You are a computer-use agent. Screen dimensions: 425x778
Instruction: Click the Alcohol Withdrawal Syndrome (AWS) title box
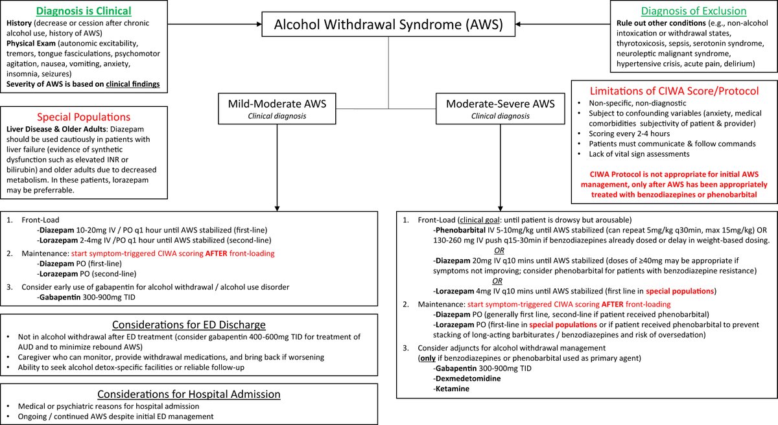388,25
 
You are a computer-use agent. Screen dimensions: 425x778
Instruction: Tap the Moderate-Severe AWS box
500,108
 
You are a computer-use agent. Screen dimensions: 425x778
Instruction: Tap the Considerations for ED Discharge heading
189,325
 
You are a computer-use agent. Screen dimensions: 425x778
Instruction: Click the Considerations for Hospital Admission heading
189,394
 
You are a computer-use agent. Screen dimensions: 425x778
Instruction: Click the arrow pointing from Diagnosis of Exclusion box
525,25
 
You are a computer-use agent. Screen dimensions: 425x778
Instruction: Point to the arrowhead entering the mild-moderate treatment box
277,206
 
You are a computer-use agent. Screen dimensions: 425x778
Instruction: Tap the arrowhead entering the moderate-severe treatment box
500,206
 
